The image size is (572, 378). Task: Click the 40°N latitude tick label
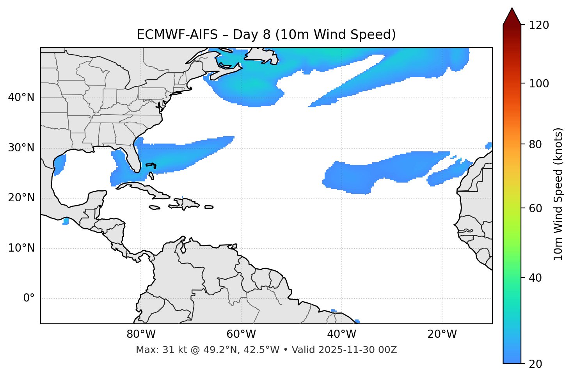(21, 98)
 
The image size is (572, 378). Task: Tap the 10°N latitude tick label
(21, 248)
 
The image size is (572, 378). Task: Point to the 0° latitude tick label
(29, 298)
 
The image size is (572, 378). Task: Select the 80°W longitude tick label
(141, 334)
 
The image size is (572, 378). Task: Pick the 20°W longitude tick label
(442, 334)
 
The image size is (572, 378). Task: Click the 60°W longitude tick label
(241, 334)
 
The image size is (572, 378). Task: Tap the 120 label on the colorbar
(539, 25)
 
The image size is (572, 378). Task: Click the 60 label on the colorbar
(536, 208)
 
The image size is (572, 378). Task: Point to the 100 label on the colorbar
(539, 83)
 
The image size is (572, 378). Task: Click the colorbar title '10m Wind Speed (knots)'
(558, 194)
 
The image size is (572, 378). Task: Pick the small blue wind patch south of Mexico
(66, 221)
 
